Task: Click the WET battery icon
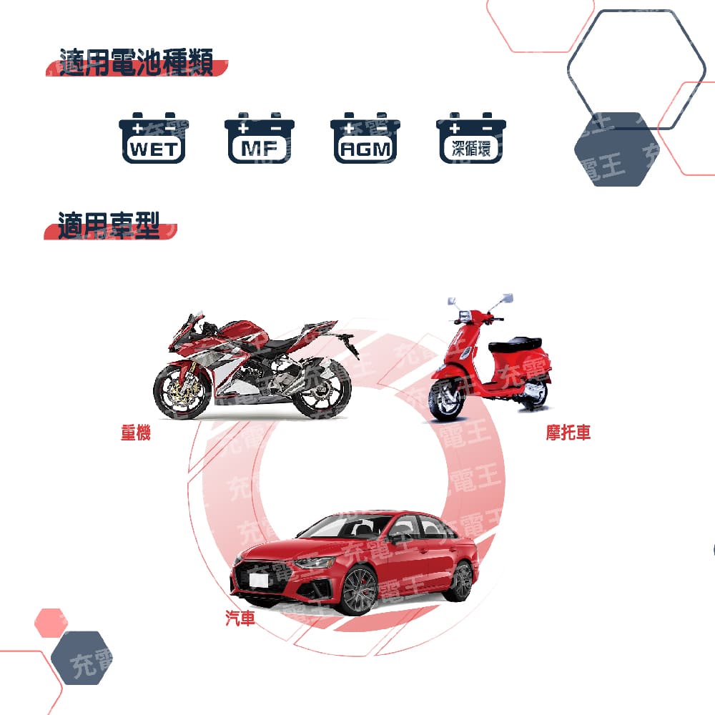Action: [x=154, y=138]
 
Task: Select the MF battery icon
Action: [x=260, y=138]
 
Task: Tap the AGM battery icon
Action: [x=365, y=138]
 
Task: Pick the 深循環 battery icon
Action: [x=471, y=138]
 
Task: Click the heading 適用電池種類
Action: [x=137, y=61]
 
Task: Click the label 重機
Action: [x=135, y=433]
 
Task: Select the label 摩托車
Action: [x=568, y=433]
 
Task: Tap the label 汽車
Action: [x=240, y=618]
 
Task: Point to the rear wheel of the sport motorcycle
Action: [x=322, y=390]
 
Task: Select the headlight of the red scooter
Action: [x=464, y=315]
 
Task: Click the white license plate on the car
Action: [x=259, y=579]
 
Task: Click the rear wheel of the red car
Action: [x=461, y=581]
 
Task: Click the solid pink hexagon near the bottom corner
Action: [x=51, y=623]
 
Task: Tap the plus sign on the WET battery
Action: [x=137, y=129]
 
